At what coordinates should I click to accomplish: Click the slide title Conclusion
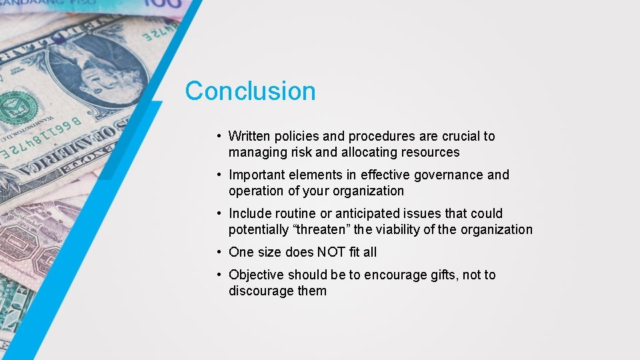(250, 91)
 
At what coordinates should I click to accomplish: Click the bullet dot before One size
(219, 252)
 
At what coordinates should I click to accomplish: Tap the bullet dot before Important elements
(219, 175)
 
